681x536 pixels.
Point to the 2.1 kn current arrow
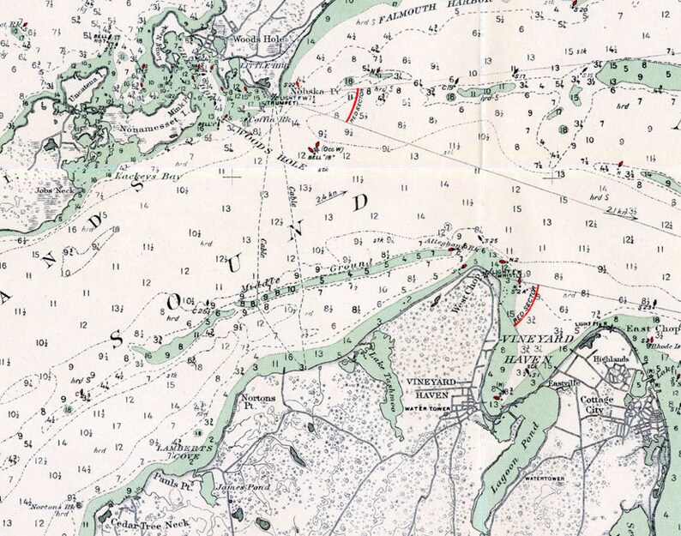point(618,211)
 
